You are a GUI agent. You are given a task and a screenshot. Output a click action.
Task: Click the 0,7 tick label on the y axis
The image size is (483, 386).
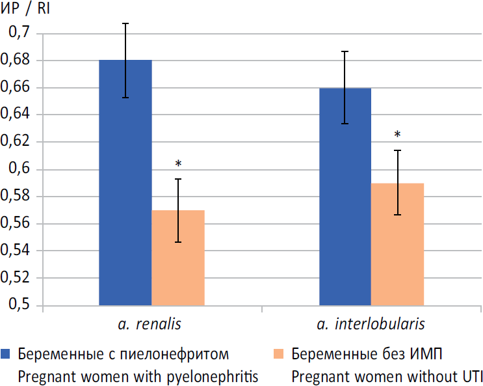pyautogui.click(x=18, y=33)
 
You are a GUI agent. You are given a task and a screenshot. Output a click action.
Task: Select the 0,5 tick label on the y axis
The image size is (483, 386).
pyautogui.click(x=18, y=305)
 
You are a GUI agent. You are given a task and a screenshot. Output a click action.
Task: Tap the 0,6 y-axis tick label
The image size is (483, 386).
pyautogui.click(x=18, y=169)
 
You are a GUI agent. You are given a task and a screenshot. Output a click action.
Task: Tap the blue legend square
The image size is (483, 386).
pyautogui.click(x=7, y=354)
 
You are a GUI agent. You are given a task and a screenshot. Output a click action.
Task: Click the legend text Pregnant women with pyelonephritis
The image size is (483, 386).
pyautogui.click(x=138, y=376)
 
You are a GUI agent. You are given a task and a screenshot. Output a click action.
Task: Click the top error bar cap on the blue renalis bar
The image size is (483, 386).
pyautogui.click(x=125, y=23)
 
